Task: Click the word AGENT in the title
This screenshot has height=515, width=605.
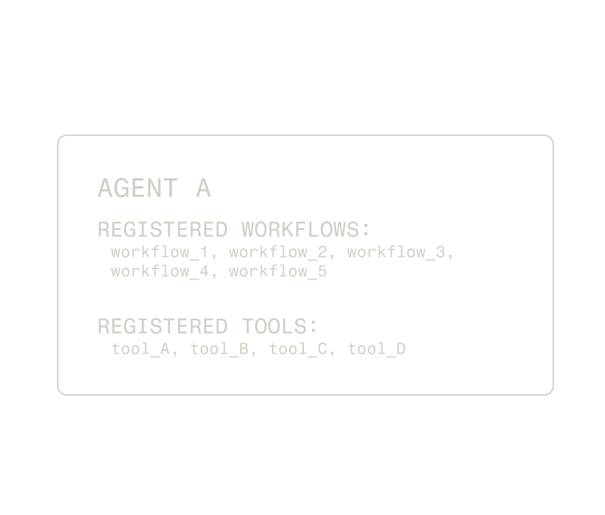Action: (137, 188)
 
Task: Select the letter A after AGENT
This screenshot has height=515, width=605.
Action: (203, 188)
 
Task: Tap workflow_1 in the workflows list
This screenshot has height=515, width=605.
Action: (159, 253)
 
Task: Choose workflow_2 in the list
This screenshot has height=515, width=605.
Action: (278, 253)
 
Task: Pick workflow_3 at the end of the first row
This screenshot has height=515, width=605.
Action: (396, 253)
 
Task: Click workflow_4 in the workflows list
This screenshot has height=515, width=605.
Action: (159, 272)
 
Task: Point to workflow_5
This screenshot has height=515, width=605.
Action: (278, 272)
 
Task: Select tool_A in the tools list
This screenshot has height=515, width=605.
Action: (141, 349)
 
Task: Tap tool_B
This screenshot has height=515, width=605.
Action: (220, 349)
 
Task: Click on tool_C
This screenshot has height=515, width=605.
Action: (298, 349)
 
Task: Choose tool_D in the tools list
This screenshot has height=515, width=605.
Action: (377, 349)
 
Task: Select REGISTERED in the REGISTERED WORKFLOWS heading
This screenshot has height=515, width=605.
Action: (163, 230)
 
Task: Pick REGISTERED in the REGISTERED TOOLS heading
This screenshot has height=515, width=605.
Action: (163, 327)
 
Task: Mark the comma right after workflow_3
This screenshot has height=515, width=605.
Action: (451, 257)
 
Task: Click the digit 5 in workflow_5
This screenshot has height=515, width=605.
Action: (322, 272)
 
